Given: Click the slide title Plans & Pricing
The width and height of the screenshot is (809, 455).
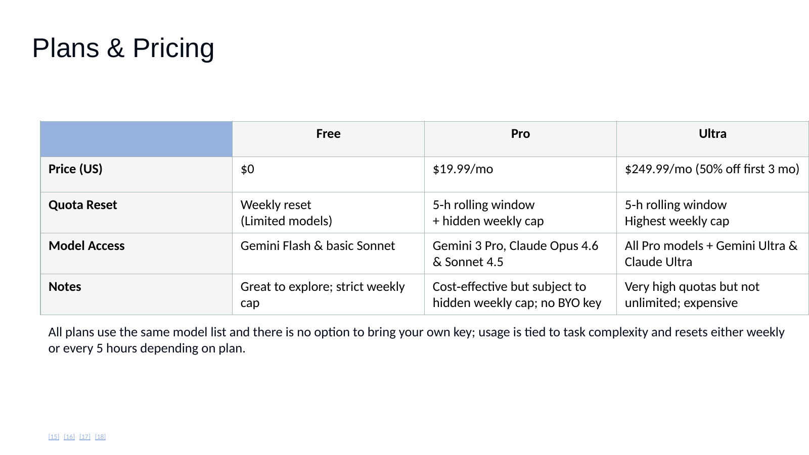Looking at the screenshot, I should tap(123, 48).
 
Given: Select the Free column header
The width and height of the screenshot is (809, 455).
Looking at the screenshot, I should tap(328, 134).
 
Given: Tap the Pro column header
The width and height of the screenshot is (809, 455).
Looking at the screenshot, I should tap(520, 134).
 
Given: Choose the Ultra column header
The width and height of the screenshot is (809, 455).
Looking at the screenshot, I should tap(712, 134).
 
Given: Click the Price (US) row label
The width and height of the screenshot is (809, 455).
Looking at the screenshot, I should tap(75, 169).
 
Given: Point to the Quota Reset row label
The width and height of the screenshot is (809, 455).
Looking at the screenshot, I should tap(83, 205).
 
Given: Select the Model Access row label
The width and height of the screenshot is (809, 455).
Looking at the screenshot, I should tap(86, 246).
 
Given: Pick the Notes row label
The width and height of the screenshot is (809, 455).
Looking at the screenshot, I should tap(65, 287).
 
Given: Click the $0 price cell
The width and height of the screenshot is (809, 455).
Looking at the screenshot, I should tap(247, 169).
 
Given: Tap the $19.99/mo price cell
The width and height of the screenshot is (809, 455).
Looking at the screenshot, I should tap(463, 169).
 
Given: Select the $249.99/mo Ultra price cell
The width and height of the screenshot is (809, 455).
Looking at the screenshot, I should tap(711, 169).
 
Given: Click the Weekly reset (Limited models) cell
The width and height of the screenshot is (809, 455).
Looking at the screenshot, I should tap(286, 213).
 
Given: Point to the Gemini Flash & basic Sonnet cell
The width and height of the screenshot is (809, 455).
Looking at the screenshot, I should tap(318, 246).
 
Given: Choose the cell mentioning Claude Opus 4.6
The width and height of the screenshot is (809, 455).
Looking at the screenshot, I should tap(515, 254).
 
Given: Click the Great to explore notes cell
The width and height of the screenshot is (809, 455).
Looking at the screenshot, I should tap(323, 294).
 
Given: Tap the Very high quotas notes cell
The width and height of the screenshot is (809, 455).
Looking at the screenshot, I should tap(692, 294).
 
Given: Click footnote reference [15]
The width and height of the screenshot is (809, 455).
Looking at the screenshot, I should tap(54, 437).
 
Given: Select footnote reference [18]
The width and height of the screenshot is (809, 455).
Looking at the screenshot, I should tap(100, 437).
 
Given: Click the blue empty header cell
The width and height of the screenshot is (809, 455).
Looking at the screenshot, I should tap(136, 139).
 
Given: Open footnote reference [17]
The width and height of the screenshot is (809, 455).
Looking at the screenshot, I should tap(85, 437).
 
